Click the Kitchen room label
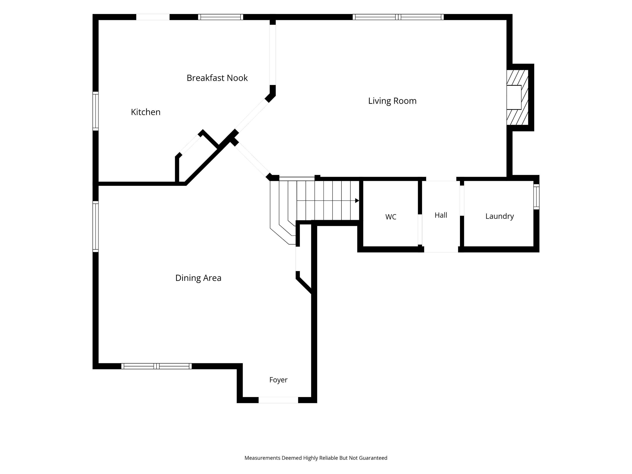[x=145, y=112]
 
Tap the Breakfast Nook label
[x=217, y=78]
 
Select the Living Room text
[x=392, y=101]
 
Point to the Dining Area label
[x=198, y=278]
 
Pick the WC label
[x=391, y=217]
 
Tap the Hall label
[x=441, y=215]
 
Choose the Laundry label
[x=499, y=216]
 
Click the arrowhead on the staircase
[x=357, y=201]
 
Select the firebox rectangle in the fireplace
[x=514, y=97]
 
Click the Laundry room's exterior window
[x=537, y=197]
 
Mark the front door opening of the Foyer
[x=278, y=400]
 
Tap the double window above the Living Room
[x=398, y=17]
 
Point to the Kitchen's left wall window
[x=95, y=111]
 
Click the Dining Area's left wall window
[x=95, y=226]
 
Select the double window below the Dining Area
[x=156, y=366]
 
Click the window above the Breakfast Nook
[x=221, y=17]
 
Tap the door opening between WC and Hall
[x=420, y=230]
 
